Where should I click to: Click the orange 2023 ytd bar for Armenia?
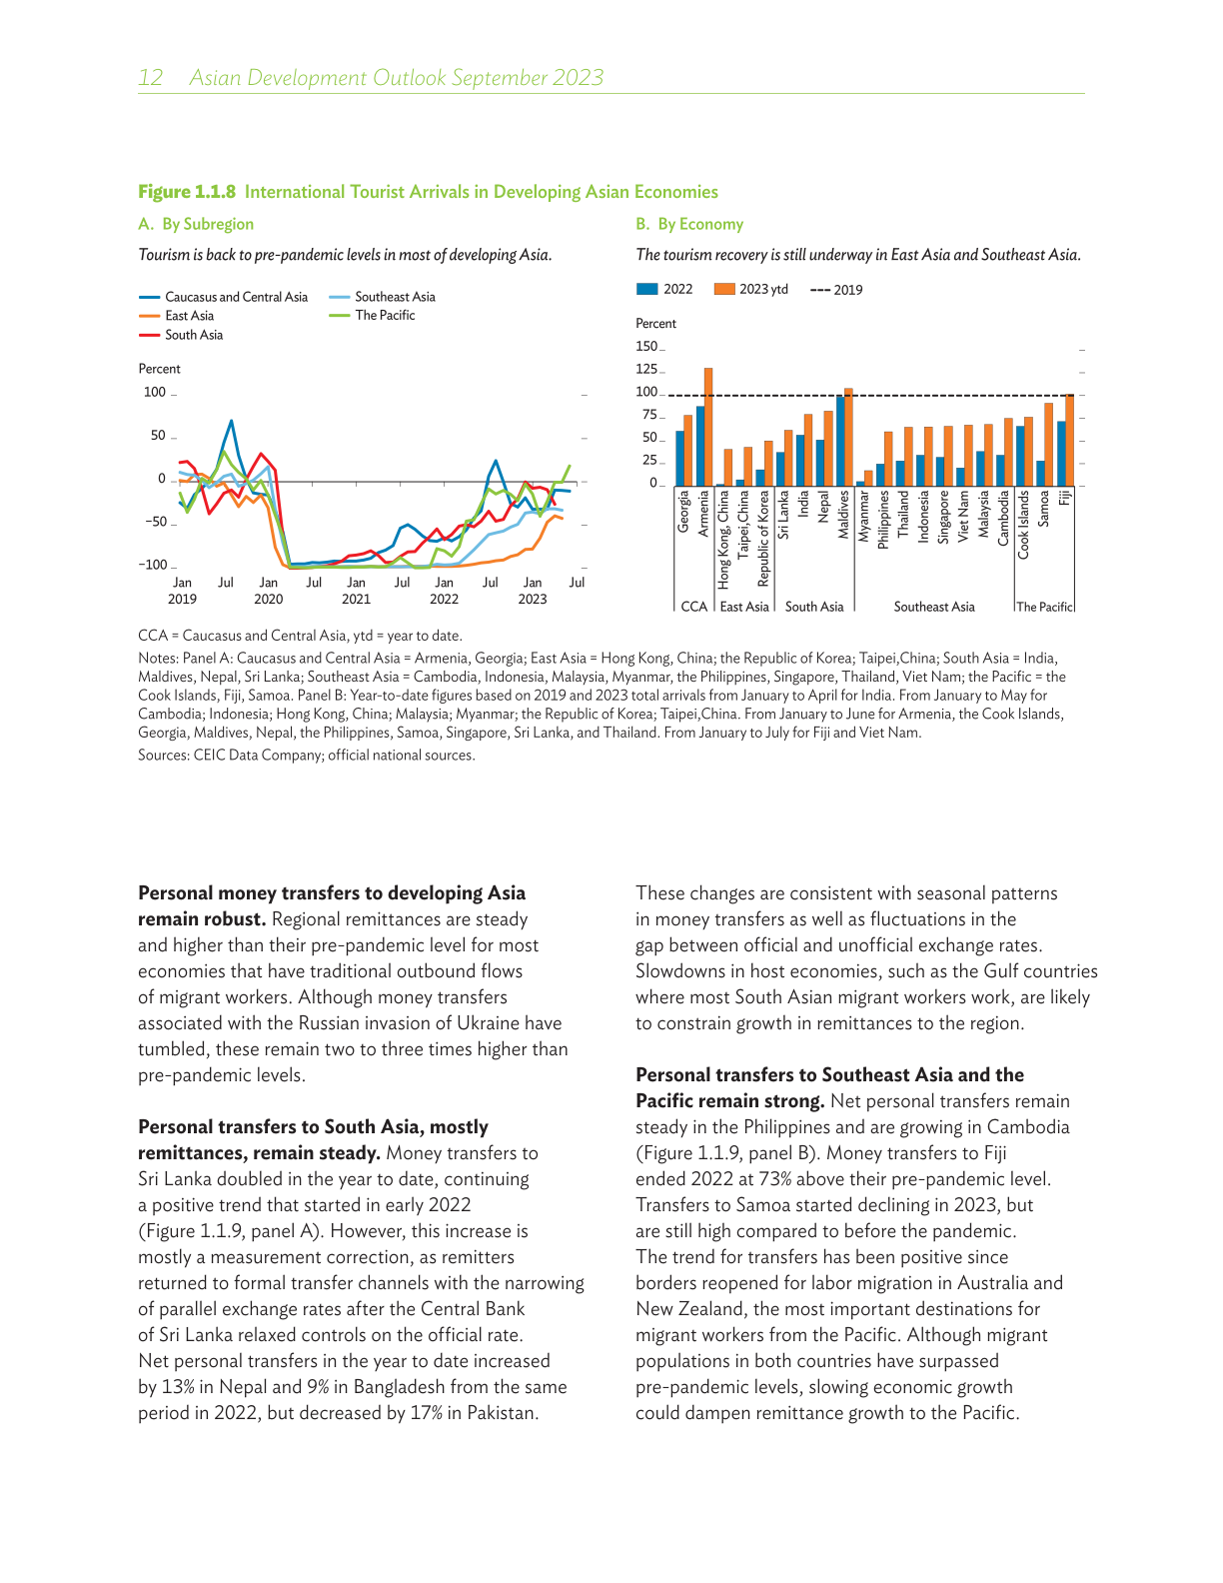pyautogui.click(x=708, y=427)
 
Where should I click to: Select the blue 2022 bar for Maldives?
pyautogui.click(x=840, y=441)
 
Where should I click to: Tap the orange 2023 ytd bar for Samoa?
pyautogui.click(x=1048, y=444)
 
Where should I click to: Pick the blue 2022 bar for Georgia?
pyautogui.click(x=679, y=458)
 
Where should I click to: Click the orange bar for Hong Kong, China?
pyautogui.click(x=728, y=467)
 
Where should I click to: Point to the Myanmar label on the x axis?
pyautogui.click(x=863, y=515)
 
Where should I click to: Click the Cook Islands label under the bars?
pyautogui.click(x=1023, y=524)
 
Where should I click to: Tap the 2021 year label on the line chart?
pyautogui.click(x=356, y=600)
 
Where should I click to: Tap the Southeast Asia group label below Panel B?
pyautogui.click(x=934, y=607)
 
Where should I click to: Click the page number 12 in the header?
pyautogui.click(x=151, y=78)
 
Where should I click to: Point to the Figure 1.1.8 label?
pyautogui.click(x=187, y=192)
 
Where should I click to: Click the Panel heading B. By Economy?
pyautogui.click(x=689, y=224)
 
